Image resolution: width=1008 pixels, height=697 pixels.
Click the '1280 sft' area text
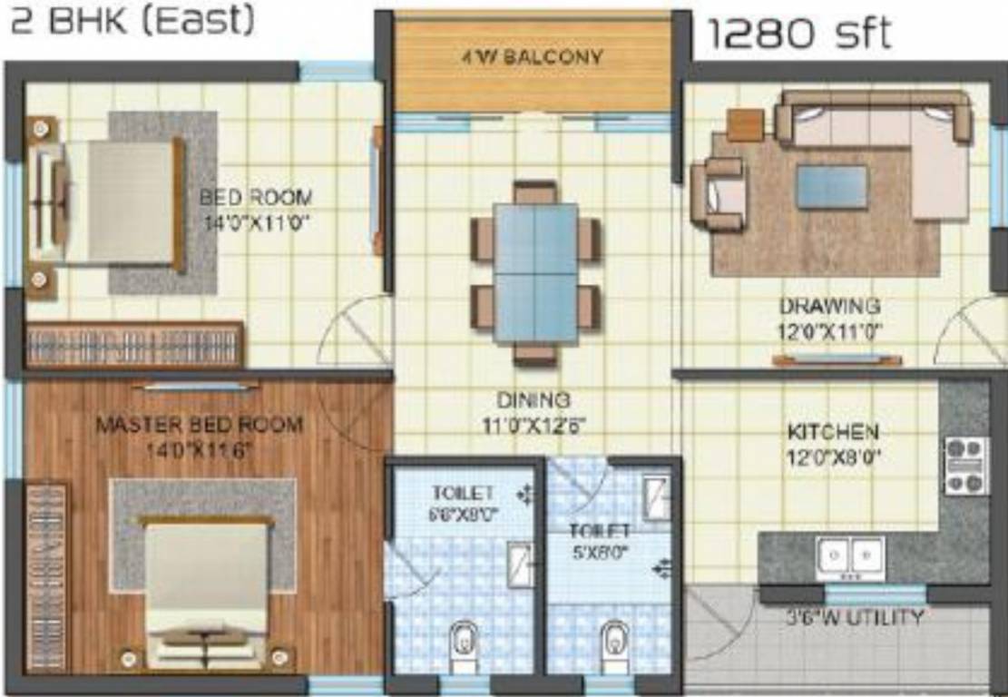798,34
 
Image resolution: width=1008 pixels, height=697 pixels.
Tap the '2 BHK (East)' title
132,20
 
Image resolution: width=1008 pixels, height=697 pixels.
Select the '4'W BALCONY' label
531,57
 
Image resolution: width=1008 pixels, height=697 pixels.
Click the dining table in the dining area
535,272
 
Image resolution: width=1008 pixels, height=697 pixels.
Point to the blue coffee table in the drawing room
831,187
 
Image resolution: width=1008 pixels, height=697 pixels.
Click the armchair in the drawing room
716,193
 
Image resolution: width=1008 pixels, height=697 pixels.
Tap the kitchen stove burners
965,466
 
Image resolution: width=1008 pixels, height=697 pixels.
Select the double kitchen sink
849,555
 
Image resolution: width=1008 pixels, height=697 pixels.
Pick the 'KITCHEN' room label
832,431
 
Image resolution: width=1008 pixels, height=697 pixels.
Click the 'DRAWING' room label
829,306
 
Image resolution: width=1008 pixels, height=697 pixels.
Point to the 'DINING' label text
533,399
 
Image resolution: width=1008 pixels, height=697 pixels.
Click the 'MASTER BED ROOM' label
200,424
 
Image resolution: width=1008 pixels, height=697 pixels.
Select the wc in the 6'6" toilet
464,641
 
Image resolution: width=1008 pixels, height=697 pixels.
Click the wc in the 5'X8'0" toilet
614,641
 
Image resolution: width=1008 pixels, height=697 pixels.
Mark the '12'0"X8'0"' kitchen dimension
832,453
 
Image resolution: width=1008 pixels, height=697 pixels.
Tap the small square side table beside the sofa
745,124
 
